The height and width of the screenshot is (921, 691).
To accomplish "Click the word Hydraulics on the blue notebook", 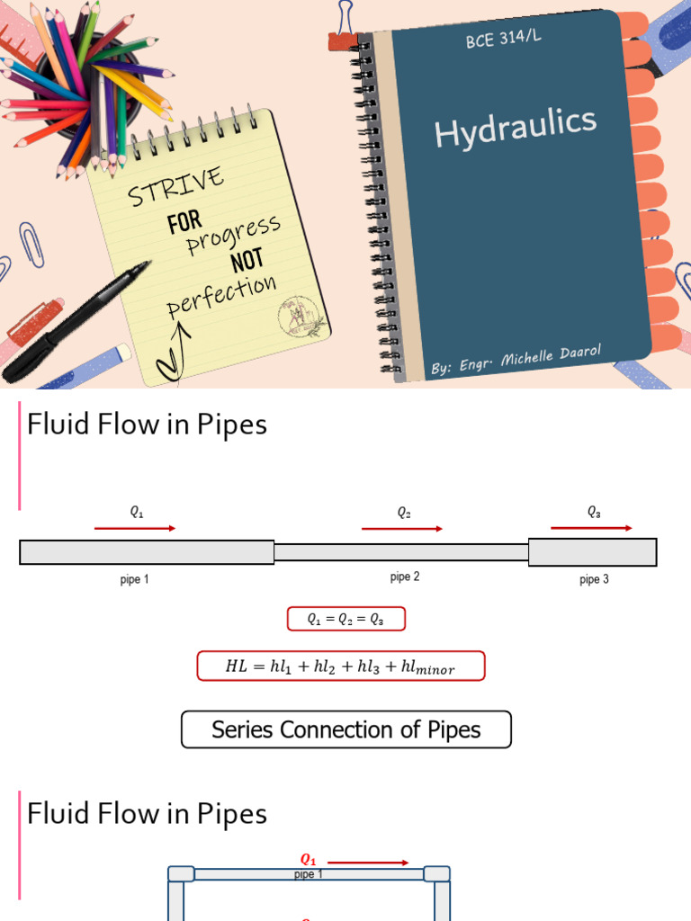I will click(x=515, y=127).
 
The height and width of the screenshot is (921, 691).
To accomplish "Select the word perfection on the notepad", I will click(x=221, y=296).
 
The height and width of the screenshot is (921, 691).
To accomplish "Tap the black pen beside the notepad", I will click(x=76, y=321).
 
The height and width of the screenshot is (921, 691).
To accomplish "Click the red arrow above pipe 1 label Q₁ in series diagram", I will click(x=135, y=529).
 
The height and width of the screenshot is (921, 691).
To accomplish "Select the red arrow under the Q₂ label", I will click(x=402, y=529).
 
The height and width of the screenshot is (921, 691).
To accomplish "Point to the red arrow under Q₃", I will click(x=592, y=528).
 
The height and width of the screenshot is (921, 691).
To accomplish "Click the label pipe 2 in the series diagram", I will click(x=405, y=577).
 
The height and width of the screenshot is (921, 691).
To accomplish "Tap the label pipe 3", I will click(x=594, y=579).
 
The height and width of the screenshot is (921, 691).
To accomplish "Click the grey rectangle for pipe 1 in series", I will click(x=147, y=552).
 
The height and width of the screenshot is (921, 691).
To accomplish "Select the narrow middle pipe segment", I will click(x=401, y=552).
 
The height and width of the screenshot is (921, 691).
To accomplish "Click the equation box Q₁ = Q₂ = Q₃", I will click(x=346, y=619).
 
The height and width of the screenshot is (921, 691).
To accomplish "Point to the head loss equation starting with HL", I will click(x=341, y=666).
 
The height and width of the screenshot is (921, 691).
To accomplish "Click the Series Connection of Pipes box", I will click(x=346, y=729).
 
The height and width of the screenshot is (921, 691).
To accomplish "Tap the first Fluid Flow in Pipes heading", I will click(x=147, y=424).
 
